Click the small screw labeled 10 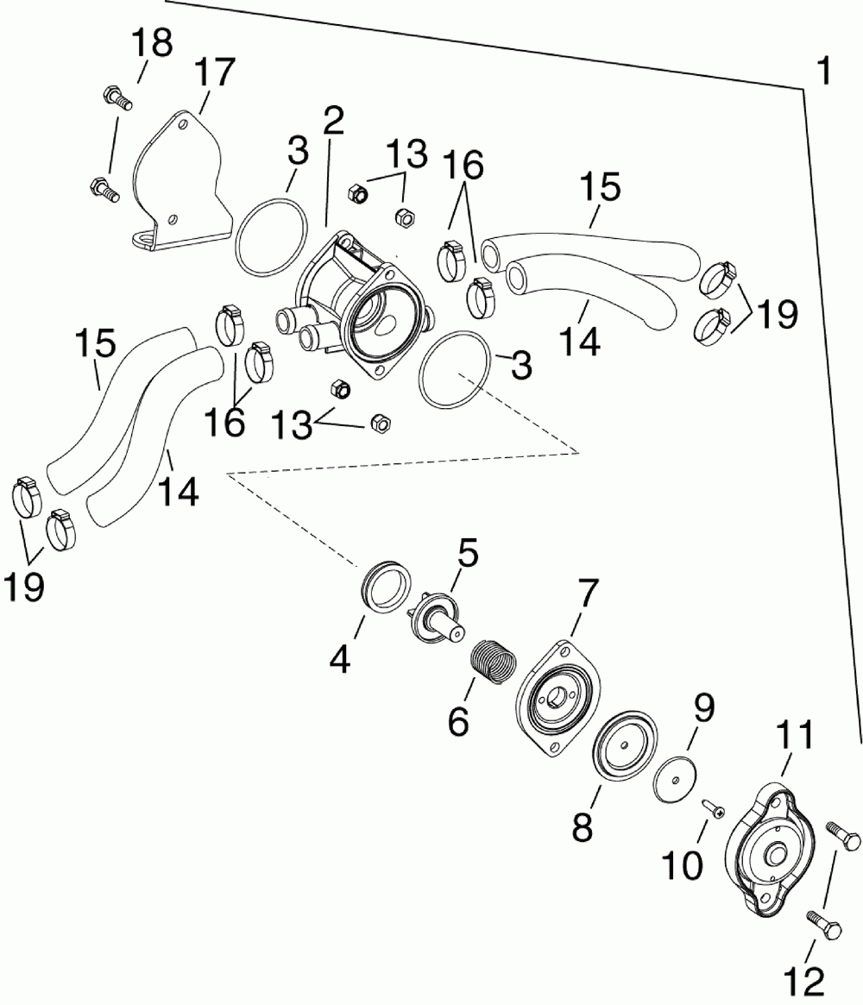[x=713, y=807]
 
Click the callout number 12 [x=803, y=979]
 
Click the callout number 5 [x=467, y=553]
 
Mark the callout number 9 [x=703, y=709]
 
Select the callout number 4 [x=341, y=660]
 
